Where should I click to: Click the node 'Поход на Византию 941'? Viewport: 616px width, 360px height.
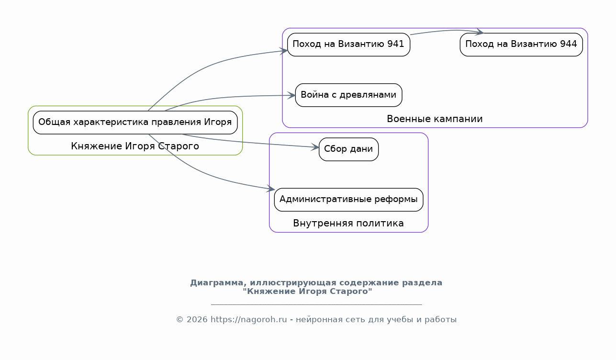coord(348,45)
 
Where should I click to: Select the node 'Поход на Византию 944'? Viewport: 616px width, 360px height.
coord(521,45)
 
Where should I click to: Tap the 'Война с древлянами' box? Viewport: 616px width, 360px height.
coord(348,95)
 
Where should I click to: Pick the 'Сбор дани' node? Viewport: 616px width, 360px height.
coord(348,149)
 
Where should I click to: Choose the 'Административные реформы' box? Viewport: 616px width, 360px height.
coord(348,200)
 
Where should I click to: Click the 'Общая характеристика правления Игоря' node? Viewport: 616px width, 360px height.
coord(135,123)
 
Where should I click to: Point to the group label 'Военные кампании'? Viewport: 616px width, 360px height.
coord(435,119)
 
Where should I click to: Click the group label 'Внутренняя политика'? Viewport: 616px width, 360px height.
coord(348,223)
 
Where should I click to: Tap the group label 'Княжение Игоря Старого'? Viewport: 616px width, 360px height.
coord(135,146)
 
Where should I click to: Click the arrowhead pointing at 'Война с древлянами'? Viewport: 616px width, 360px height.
coord(291,95)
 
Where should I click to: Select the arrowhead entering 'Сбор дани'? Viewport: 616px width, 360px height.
coord(315,147)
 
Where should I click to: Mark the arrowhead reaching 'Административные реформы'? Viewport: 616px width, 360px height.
coord(270,189)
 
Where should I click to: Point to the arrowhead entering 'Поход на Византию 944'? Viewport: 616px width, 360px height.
coord(480,32)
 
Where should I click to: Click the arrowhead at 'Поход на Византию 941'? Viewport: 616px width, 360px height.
coord(283,51)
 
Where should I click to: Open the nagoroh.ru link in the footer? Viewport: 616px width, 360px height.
coord(248,320)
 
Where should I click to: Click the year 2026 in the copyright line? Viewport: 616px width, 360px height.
coord(197,320)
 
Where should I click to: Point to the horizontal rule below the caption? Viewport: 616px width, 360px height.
coord(316,304)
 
